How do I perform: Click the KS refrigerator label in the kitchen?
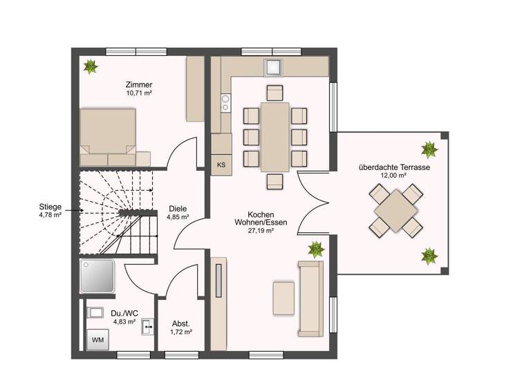click(221, 165)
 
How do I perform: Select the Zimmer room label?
click(139, 84)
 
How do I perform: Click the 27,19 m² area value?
click(260, 231)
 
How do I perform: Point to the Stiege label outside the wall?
click(51, 206)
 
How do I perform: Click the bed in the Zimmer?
click(106, 131)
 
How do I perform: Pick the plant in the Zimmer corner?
click(90, 66)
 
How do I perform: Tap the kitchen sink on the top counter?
click(274, 67)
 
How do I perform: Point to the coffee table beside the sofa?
click(283, 298)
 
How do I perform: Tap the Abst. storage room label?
click(180, 323)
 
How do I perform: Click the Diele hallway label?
click(178, 208)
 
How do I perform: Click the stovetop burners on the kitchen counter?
click(225, 104)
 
